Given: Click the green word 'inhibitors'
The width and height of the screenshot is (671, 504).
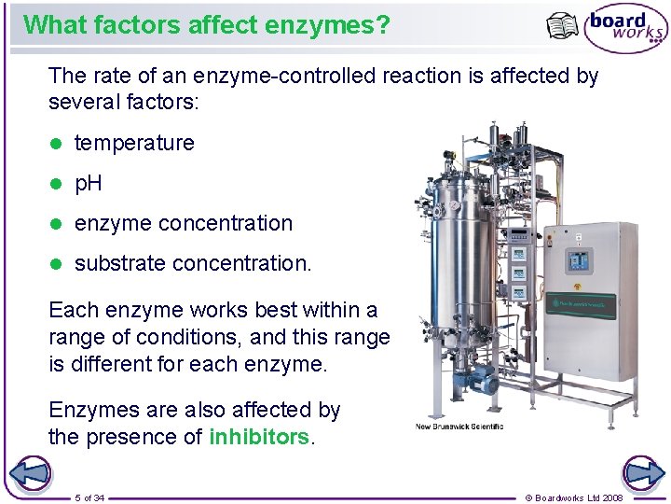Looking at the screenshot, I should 259,437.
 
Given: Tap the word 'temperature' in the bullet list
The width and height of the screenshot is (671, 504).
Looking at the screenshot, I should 134,143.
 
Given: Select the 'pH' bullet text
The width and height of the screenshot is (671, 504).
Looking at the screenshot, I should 89,183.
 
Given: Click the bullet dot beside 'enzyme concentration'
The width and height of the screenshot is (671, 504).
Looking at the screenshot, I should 55,224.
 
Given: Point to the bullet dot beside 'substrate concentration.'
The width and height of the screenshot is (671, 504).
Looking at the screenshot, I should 55,264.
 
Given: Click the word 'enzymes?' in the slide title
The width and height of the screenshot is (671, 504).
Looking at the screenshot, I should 339,24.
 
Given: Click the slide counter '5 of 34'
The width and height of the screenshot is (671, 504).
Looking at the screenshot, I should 89,497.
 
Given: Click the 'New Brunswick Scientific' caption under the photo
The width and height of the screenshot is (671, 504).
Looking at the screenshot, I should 459,427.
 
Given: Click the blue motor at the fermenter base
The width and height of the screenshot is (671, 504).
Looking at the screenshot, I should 484,378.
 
